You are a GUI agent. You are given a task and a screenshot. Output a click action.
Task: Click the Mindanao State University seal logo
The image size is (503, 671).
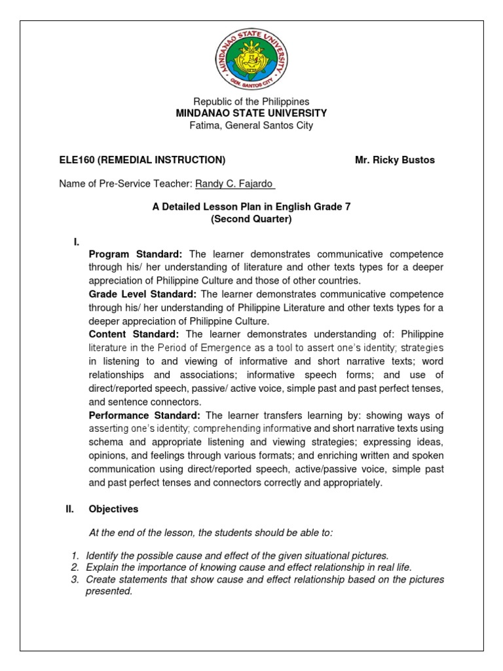(251, 56)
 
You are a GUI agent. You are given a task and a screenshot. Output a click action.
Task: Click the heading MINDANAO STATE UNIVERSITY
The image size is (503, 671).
(251, 113)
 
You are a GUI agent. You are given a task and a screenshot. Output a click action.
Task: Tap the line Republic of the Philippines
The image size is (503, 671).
(251, 102)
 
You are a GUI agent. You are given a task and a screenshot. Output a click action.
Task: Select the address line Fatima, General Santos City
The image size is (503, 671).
(251, 125)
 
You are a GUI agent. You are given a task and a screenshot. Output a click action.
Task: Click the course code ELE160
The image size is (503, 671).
(76, 160)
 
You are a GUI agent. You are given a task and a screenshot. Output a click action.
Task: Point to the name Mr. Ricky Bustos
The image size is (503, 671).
(394, 160)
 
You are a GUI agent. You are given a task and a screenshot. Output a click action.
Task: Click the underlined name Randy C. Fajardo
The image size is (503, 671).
(231, 184)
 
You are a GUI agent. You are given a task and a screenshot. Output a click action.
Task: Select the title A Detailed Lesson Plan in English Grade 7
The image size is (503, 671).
(251, 207)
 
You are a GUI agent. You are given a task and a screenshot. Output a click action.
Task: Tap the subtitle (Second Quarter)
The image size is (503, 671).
(251, 219)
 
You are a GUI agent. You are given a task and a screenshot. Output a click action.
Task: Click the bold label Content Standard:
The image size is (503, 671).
(133, 334)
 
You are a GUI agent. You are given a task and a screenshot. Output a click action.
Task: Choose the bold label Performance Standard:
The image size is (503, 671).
(145, 415)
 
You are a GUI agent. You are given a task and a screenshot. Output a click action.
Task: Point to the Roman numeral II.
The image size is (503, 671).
(62, 508)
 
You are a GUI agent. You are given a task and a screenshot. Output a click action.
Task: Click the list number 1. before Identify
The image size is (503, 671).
(75, 556)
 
